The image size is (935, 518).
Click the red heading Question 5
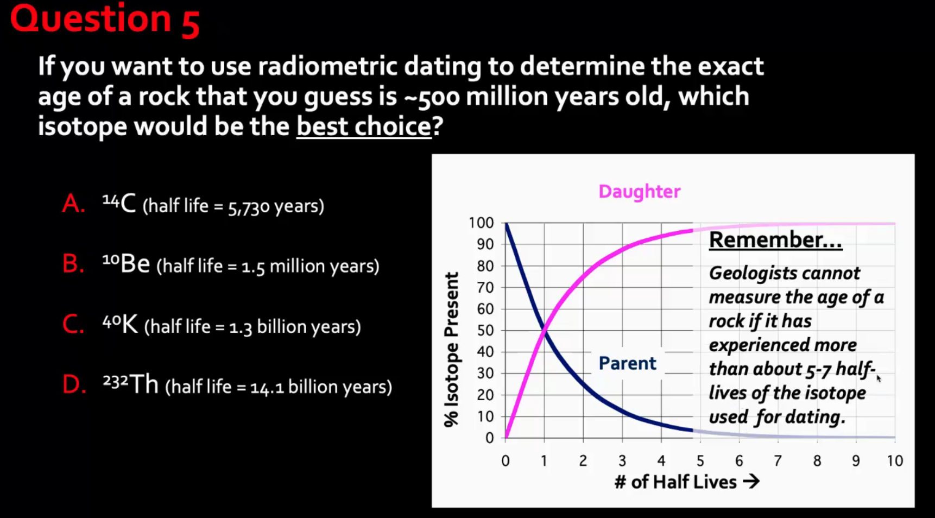pyautogui.click(x=105, y=20)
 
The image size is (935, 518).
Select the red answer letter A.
pyautogui.click(x=73, y=204)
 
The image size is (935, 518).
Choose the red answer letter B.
pyautogui.click(x=73, y=264)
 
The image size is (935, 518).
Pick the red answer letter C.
pyautogui.click(x=73, y=324)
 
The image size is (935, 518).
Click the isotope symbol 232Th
pyautogui.click(x=130, y=384)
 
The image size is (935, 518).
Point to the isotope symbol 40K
pyautogui.click(x=120, y=324)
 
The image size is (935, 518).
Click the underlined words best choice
pyautogui.click(x=364, y=127)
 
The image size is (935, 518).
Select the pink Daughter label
pyautogui.click(x=639, y=192)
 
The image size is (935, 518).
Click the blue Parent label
pyautogui.click(x=627, y=363)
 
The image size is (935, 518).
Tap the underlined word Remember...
pyautogui.click(x=775, y=239)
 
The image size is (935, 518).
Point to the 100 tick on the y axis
pyautogui.click(x=481, y=223)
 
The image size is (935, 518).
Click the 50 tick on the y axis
pyautogui.click(x=485, y=330)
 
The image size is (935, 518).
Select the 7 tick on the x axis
pyautogui.click(x=778, y=461)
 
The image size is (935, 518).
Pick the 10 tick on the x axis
pyautogui.click(x=895, y=461)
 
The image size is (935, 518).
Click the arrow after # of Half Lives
pyautogui.click(x=751, y=482)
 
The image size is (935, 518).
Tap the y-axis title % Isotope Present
pyautogui.click(x=451, y=350)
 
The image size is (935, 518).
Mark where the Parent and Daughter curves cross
pyautogui.click(x=544, y=330)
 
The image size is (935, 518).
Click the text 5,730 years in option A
pyautogui.click(x=276, y=206)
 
